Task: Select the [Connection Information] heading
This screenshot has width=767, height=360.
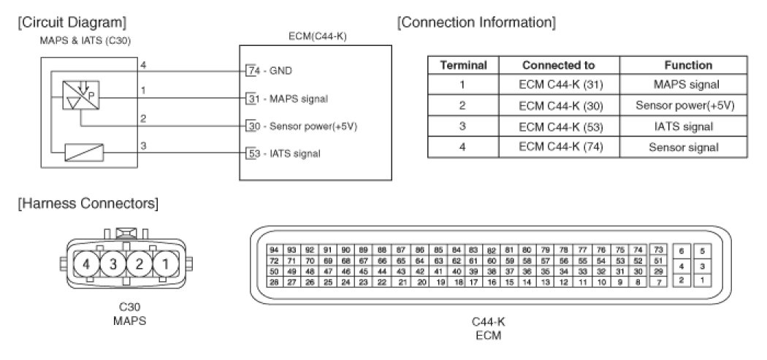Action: click(476, 23)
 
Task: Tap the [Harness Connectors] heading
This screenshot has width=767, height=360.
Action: click(88, 202)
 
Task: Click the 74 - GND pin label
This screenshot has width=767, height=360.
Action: click(270, 71)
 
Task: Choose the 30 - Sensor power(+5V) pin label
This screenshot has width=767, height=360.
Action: click(301, 126)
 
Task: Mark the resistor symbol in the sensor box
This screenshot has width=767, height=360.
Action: click(84, 153)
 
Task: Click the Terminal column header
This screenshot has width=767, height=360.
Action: click(463, 65)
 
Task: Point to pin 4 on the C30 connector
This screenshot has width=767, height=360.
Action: click(87, 263)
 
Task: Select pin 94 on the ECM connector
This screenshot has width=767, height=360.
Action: click(274, 250)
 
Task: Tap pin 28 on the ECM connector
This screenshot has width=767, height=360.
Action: click(274, 281)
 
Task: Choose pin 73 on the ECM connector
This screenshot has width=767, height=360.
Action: click(658, 250)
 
